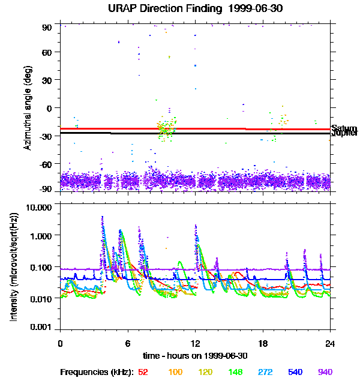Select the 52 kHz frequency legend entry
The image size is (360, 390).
pos(143,372)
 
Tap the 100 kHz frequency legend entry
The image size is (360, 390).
pos(175,372)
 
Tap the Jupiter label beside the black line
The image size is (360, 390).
pos(344,134)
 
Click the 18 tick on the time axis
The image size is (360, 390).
pos(262,344)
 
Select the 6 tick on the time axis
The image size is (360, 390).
pos(127,344)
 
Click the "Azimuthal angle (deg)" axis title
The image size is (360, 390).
pos(28,108)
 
